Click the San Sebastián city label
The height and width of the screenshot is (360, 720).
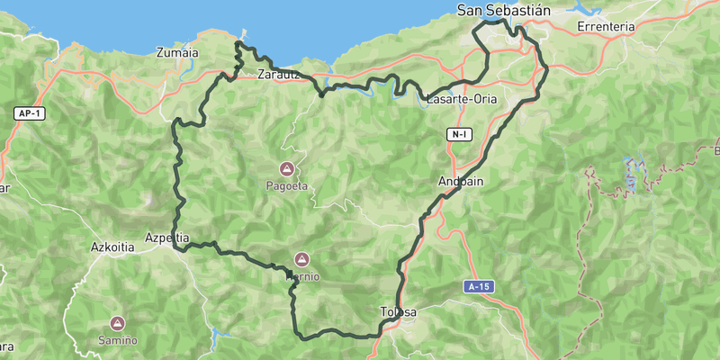pos(503,11)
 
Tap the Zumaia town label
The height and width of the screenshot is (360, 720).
pos(176,52)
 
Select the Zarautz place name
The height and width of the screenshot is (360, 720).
pos(278,75)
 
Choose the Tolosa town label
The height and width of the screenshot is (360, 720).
pos(399,312)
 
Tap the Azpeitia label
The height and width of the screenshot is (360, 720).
pos(166,238)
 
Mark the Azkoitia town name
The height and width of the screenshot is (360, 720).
pos(113,246)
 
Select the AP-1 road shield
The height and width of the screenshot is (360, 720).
pos(28,113)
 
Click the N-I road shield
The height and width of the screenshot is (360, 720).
pos(459,134)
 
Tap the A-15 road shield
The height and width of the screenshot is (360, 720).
pos(479,286)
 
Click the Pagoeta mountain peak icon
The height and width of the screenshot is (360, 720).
pos(287,168)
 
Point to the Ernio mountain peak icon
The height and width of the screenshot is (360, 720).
pos(301,259)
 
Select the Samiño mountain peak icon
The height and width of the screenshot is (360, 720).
pos(117,322)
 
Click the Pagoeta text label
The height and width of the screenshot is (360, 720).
pos(287,186)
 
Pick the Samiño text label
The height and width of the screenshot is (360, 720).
pos(118,340)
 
